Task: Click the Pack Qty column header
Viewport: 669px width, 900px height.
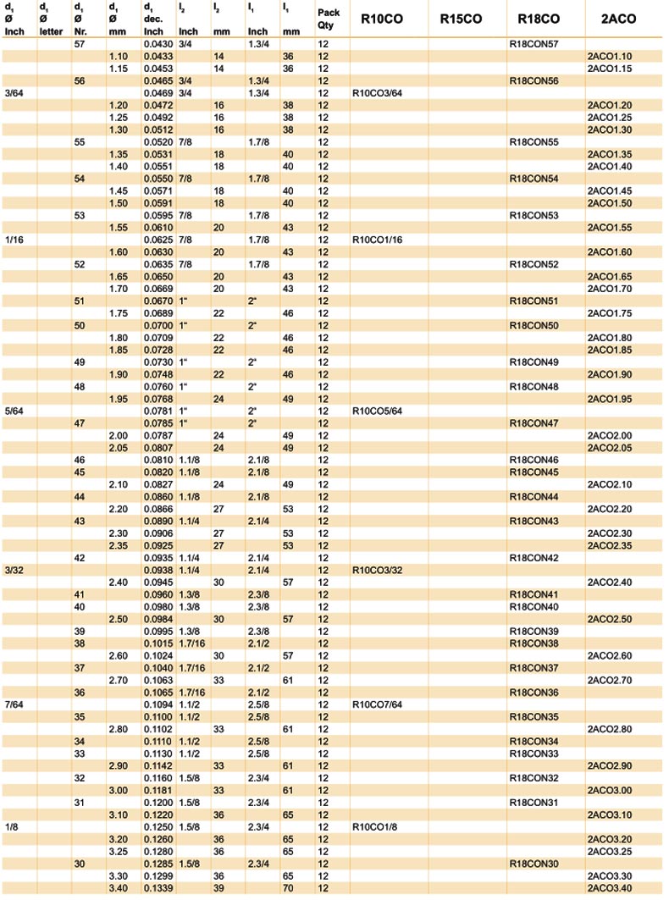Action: (x=329, y=19)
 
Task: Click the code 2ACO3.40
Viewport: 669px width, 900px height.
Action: (x=610, y=887)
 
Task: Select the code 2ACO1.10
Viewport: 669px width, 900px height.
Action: (x=610, y=56)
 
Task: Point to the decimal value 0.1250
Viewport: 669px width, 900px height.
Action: (x=158, y=826)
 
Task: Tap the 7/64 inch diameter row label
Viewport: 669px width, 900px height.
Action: (x=14, y=704)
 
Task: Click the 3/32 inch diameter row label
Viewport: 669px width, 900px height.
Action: (x=14, y=570)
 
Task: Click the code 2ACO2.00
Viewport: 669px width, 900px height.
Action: (x=610, y=435)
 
